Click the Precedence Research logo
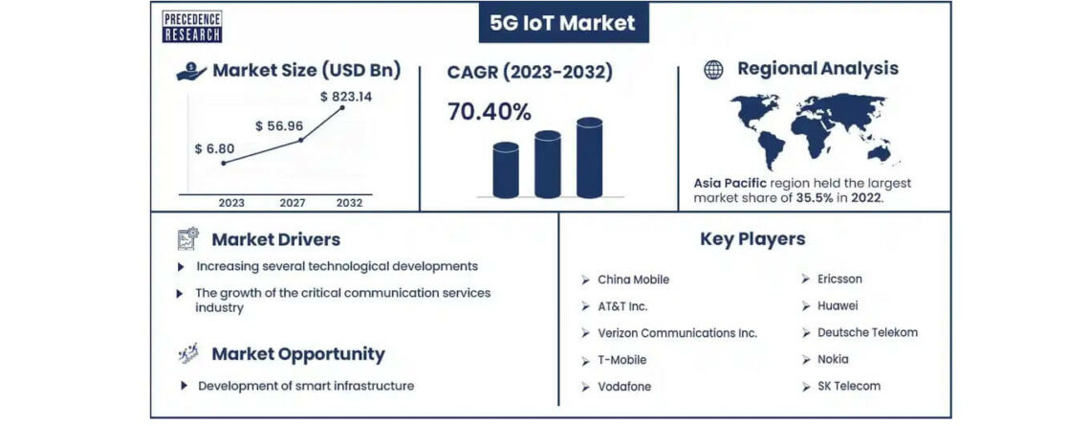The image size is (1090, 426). click(192, 27)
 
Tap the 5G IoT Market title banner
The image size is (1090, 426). click(563, 23)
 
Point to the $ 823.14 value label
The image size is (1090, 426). click(346, 97)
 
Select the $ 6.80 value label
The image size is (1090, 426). click(215, 148)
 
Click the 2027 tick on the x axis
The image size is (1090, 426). click(293, 203)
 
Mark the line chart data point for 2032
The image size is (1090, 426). click(341, 108)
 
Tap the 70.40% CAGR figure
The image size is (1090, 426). click(490, 111)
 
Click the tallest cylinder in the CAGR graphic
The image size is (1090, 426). click(590, 157)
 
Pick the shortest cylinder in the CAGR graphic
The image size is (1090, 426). click(506, 169)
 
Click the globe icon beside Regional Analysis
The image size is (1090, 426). click(713, 70)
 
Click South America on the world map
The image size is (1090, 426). click(771, 149)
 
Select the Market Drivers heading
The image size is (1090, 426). click(276, 239)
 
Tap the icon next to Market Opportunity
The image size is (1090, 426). click(187, 353)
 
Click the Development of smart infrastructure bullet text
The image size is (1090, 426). click(306, 386)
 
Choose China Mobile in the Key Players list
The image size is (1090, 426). click(633, 280)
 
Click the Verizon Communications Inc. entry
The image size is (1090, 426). click(677, 333)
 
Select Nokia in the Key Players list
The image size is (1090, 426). click(833, 359)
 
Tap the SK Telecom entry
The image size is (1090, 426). click(849, 386)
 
